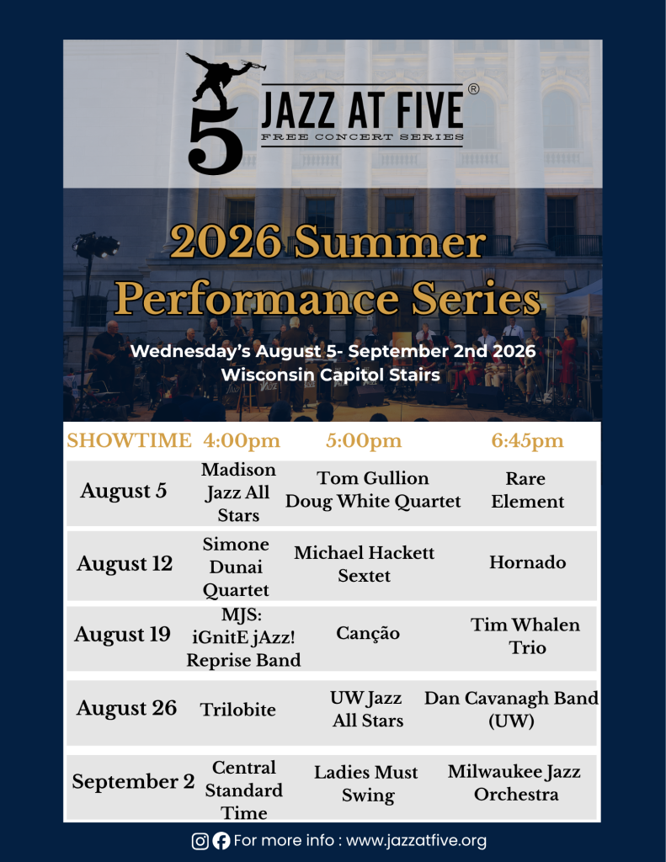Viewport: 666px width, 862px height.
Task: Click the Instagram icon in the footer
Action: coord(200,841)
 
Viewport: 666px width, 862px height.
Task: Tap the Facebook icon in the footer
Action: coord(221,841)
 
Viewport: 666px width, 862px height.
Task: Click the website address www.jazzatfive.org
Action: coord(416,841)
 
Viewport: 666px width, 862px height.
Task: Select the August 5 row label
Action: coord(124,491)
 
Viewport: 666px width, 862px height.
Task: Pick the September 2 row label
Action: coord(133,781)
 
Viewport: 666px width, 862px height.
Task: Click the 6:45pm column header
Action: coord(527,441)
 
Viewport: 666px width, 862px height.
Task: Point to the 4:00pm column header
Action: coord(242,441)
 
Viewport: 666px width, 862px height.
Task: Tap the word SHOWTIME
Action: coord(129,440)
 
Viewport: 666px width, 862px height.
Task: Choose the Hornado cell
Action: coord(527,562)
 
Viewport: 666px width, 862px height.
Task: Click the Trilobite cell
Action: coord(237,710)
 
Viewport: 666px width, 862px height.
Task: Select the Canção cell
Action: coord(368,633)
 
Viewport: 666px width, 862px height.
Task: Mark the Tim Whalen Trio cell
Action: coord(525,636)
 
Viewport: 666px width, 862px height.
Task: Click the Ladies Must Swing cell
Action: coord(366,784)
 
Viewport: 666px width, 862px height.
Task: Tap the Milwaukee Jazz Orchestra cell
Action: coord(514,783)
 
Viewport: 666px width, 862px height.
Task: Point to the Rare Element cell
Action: coord(527,490)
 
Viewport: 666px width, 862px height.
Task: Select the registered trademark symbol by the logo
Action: coord(473,89)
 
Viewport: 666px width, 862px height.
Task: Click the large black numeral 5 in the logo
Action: coord(215,141)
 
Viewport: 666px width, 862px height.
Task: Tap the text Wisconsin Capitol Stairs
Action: coord(331,375)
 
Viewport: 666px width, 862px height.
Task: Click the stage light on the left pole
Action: coord(96,245)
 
